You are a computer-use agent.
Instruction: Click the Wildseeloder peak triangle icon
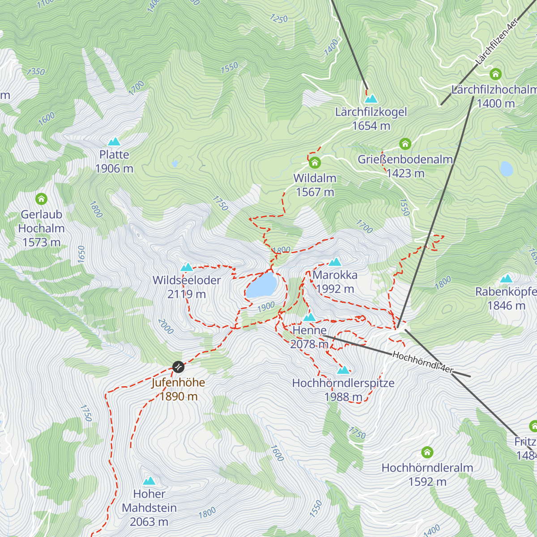[187, 268]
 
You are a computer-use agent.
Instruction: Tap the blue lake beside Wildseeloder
[261, 285]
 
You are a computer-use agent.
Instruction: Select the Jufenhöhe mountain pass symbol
[178, 367]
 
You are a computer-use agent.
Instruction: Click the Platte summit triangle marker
[114, 142]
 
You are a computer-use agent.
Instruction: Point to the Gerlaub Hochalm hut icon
[41, 198]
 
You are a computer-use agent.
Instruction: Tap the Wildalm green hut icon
[315, 162]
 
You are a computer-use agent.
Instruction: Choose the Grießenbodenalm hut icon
[405, 144]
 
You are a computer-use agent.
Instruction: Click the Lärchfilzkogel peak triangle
[371, 98]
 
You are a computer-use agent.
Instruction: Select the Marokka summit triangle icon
[335, 262]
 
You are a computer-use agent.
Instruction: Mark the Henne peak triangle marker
[309, 318]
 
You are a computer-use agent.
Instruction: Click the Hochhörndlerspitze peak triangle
[343, 370]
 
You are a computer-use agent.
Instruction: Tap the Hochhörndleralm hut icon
[427, 452]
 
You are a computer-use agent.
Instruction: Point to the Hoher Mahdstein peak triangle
[149, 481]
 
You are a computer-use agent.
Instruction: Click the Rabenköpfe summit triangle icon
[506, 279]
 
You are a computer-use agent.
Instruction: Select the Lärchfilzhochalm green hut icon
[495, 74]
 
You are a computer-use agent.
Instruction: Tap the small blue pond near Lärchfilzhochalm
[506, 169]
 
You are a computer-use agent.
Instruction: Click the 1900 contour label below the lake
[266, 307]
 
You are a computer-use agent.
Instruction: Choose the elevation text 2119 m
[187, 294]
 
